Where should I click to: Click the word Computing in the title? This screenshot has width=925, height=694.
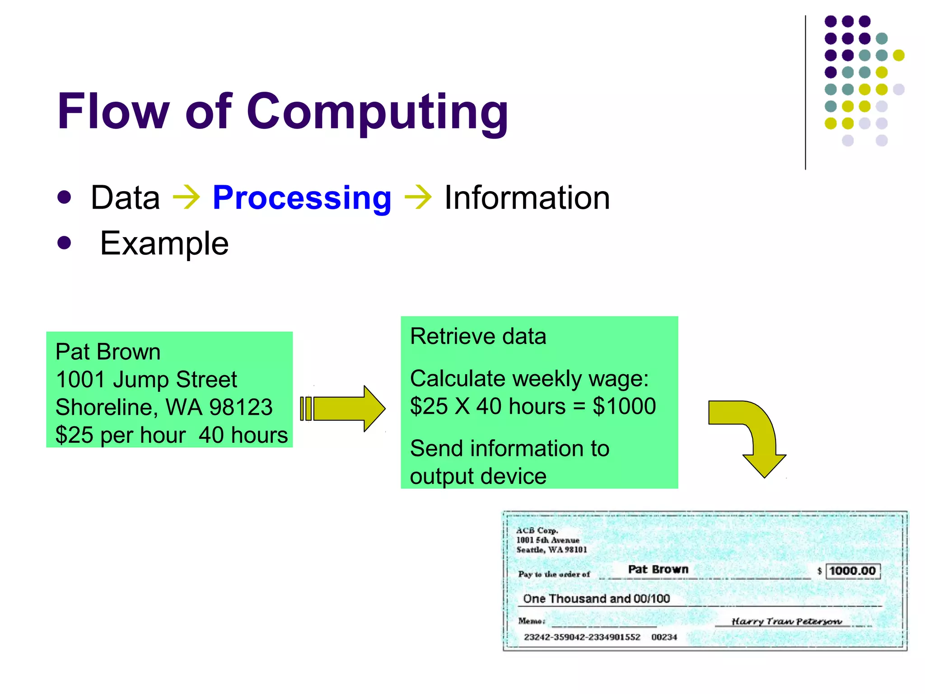pos(377,112)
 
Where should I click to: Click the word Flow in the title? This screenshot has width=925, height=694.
pos(113,112)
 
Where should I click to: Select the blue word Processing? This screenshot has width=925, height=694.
pos(302,198)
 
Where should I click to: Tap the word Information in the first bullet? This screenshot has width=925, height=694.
pos(527,198)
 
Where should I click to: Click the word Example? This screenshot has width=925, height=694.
pos(164,244)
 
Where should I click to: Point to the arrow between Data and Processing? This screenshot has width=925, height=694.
pos(187,198)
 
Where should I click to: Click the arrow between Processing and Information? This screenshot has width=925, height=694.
pos(418,198)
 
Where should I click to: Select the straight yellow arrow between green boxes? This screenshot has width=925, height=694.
pos(343,408)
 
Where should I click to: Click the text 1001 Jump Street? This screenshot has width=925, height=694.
pos(146,380)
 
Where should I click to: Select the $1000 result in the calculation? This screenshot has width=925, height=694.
pos(624,406)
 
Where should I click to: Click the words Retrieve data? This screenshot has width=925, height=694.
pos(478,337)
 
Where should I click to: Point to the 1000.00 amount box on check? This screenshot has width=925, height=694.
pos(852,571)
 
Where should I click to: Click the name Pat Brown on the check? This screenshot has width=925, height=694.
pos(658,569)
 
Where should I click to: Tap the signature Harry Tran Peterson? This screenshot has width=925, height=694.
pos(786,621)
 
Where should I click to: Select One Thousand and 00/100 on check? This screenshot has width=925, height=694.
pos(596,599)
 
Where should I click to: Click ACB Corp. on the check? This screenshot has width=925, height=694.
pos(537,530)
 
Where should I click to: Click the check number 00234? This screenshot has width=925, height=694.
pos(664,637)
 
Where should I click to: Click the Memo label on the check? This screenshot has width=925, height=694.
pos(532,621)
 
